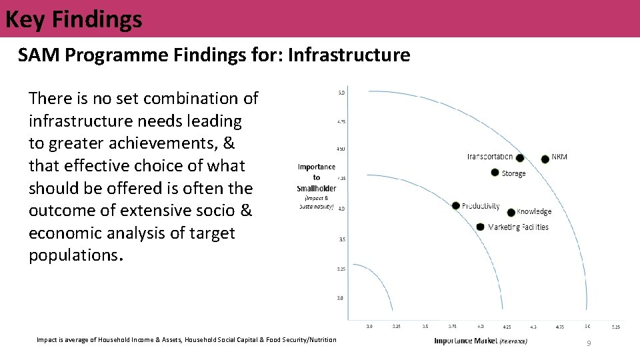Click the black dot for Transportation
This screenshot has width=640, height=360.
pyautogui.click(x=520, y=158)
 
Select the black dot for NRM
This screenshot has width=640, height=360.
pyautogui.click(x=545, y=159)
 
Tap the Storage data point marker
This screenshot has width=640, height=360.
pyautogui.click(x=495, y=173)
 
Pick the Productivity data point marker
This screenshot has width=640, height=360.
pyautogui.click(x=455, y=205)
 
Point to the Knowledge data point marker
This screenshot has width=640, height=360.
pyautogui.click(x=511, y=213)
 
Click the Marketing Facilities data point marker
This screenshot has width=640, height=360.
pyautogui.click(x=480, y=227)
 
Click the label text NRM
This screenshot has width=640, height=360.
pyautogui.click(x=559, y=157)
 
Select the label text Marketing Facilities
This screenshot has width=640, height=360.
pyautogui.click(x=518, y=227)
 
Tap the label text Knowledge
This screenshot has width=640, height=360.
pyautogui.click(x=534, y=212)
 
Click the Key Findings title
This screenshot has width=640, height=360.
pyautogui.click(x=73, y=19)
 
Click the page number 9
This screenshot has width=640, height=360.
pyautogui.click(x=588, y=343)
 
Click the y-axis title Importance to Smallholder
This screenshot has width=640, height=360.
pyautogui.click(x=317, y=177)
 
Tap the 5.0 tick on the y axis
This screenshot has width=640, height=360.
pyautogui.click(x=341, y=92)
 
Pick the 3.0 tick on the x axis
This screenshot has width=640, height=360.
pyautogui.click(x=369, y=327)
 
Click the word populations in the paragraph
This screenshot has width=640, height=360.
pyautogui.click(x=73, y=256)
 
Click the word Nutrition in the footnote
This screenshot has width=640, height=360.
pyautogui.click(x=322, y=340)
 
